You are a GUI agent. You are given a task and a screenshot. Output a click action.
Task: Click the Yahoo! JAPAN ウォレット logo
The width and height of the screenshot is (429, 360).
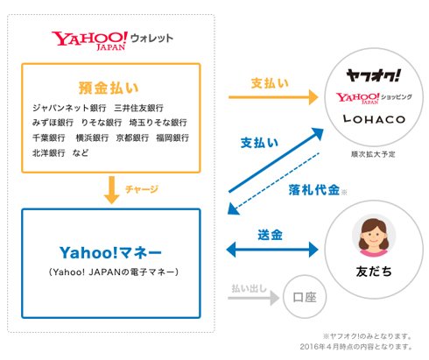(x=112, y=41)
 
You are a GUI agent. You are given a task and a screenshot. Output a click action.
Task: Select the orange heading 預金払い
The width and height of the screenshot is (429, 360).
(x=109, y=88)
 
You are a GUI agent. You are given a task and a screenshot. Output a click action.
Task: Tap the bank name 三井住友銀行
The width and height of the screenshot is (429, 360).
(x=138, y=108)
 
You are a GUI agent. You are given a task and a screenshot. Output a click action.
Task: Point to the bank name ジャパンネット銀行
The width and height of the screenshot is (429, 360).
(x=69, y=108)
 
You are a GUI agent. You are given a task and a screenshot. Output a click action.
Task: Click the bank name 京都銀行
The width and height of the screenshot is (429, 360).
(x=132, y=138)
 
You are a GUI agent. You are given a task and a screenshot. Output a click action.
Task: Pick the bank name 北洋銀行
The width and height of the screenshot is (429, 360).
(x=48, y=152)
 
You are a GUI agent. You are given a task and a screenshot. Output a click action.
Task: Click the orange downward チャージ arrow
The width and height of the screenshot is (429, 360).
(x=111, y=190)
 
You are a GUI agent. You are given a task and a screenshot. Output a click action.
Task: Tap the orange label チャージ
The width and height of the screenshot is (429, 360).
(x=142, y=189)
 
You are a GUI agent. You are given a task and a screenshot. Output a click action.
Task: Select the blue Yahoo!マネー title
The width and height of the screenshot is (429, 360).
(x=110, y=253)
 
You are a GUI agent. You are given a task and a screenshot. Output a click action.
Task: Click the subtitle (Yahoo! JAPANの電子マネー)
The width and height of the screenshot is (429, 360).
(x=114, y=272)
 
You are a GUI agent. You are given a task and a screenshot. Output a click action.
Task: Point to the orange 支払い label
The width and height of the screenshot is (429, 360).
(x=270, y=83)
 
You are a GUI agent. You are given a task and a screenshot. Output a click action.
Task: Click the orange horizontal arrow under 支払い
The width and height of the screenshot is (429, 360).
(x=273, y=97)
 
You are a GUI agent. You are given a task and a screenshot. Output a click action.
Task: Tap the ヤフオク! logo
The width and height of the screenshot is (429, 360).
(x=373, y=75)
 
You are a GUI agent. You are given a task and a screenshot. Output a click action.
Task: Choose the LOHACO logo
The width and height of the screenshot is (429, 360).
(x=374, y=119)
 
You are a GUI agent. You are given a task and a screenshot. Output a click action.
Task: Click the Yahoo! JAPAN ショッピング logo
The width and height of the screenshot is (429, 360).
(x=374, y=98)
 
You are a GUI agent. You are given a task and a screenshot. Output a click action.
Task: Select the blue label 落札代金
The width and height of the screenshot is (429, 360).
(x=314, y=190)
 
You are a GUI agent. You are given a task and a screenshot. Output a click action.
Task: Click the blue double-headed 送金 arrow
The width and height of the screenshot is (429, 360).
(x=272, y=250)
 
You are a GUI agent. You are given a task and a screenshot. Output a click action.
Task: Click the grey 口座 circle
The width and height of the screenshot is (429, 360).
(x=305, y=297)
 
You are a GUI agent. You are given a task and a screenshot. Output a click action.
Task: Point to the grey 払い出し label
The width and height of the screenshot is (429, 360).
(x=249, y=288)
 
